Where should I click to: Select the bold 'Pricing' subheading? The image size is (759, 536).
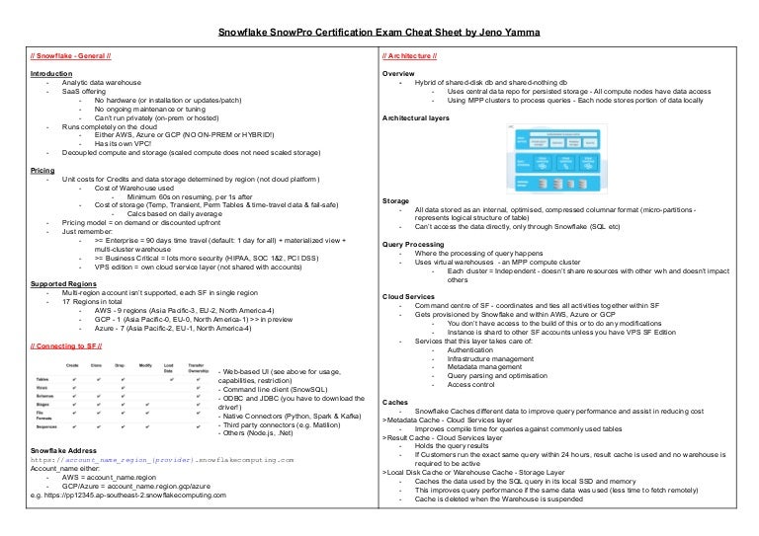pos(42,171)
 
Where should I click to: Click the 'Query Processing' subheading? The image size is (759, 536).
pos(414,243)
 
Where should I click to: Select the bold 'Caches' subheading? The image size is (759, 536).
pos(394,402)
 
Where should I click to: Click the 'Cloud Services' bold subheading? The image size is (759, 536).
pos(409,296)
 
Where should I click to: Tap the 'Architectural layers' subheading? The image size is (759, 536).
pos(421,117)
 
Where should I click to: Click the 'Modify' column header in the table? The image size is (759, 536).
pos(145,365)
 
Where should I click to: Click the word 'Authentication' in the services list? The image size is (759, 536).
pos(475,348)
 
